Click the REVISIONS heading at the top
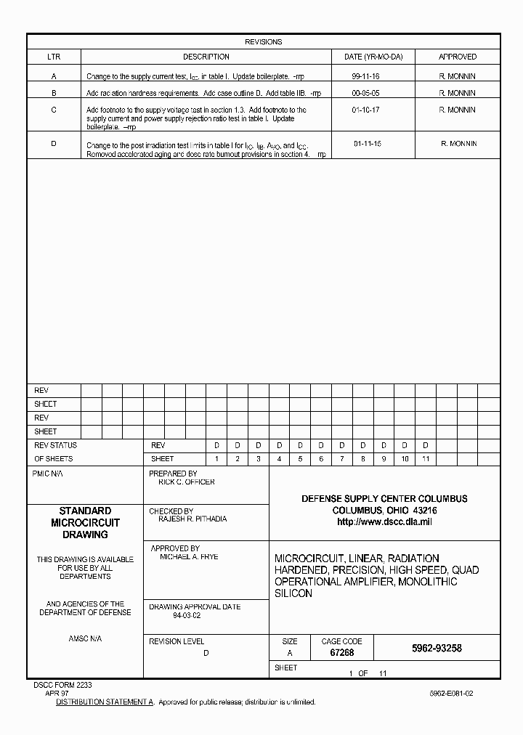tap(263, 42)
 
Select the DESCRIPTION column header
tap(206, 57)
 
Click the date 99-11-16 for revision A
tap(365, 76)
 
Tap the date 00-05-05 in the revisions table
tap(365, 93)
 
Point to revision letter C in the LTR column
tap(54, 110)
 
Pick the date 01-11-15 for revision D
tap(368, 144)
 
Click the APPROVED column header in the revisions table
tap(458, 57)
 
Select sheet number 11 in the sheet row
tap(426, 459)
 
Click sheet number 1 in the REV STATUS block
tap(216, 459)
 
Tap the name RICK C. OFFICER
tap(186, 482)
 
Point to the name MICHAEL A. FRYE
tap(189, 557)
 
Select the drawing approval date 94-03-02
tap(187, 615)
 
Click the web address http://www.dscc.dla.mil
tap(384, 522)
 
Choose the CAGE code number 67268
tap(342, 653)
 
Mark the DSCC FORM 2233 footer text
tap(62, 685)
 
